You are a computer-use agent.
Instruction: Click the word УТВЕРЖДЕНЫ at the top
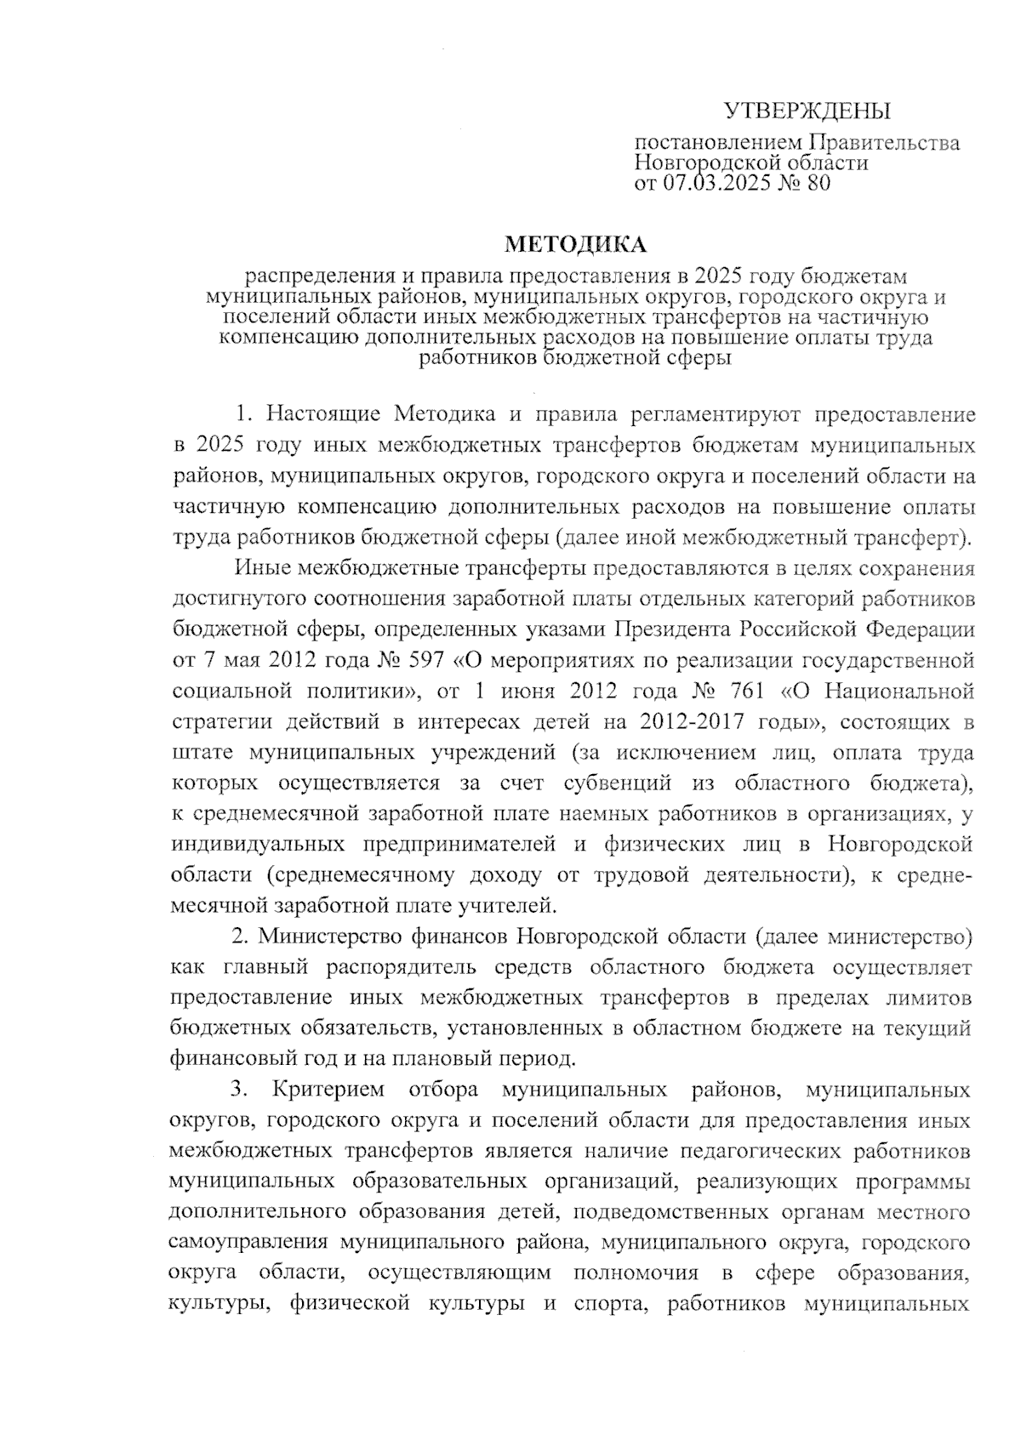pos(806,111)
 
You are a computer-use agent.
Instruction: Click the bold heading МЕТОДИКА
pos(576,245)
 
